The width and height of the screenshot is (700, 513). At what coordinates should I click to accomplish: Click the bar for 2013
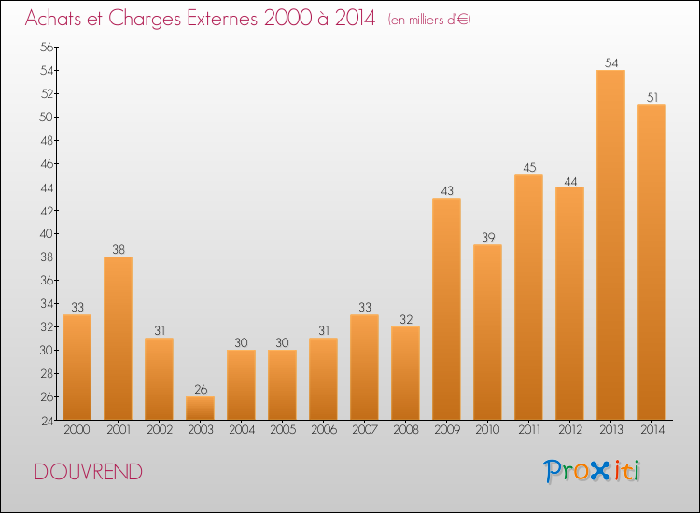(610, 244)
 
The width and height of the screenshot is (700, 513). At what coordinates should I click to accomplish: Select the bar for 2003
(200, 409)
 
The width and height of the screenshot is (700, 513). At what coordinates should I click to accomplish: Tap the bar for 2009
(446, 309)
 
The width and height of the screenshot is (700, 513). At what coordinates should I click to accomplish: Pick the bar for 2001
(118, 338)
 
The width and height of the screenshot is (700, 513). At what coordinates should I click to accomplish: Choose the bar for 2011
(528, 298)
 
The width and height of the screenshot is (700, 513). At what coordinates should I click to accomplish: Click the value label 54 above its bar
(610, 63)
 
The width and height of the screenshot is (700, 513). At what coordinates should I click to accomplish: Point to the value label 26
(200, 390)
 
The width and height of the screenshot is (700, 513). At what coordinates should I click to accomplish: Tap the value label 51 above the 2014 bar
(651, 98)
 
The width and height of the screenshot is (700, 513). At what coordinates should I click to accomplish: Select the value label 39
(487, 238)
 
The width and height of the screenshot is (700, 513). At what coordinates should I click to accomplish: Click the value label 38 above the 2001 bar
(118, 250)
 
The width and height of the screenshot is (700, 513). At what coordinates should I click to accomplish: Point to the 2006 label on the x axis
(323, 429)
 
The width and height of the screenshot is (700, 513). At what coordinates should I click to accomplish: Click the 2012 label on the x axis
(569, 429)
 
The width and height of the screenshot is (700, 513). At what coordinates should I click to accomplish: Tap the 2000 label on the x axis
(77, 429)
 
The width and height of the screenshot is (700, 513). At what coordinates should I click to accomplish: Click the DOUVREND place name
(89, 472)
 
